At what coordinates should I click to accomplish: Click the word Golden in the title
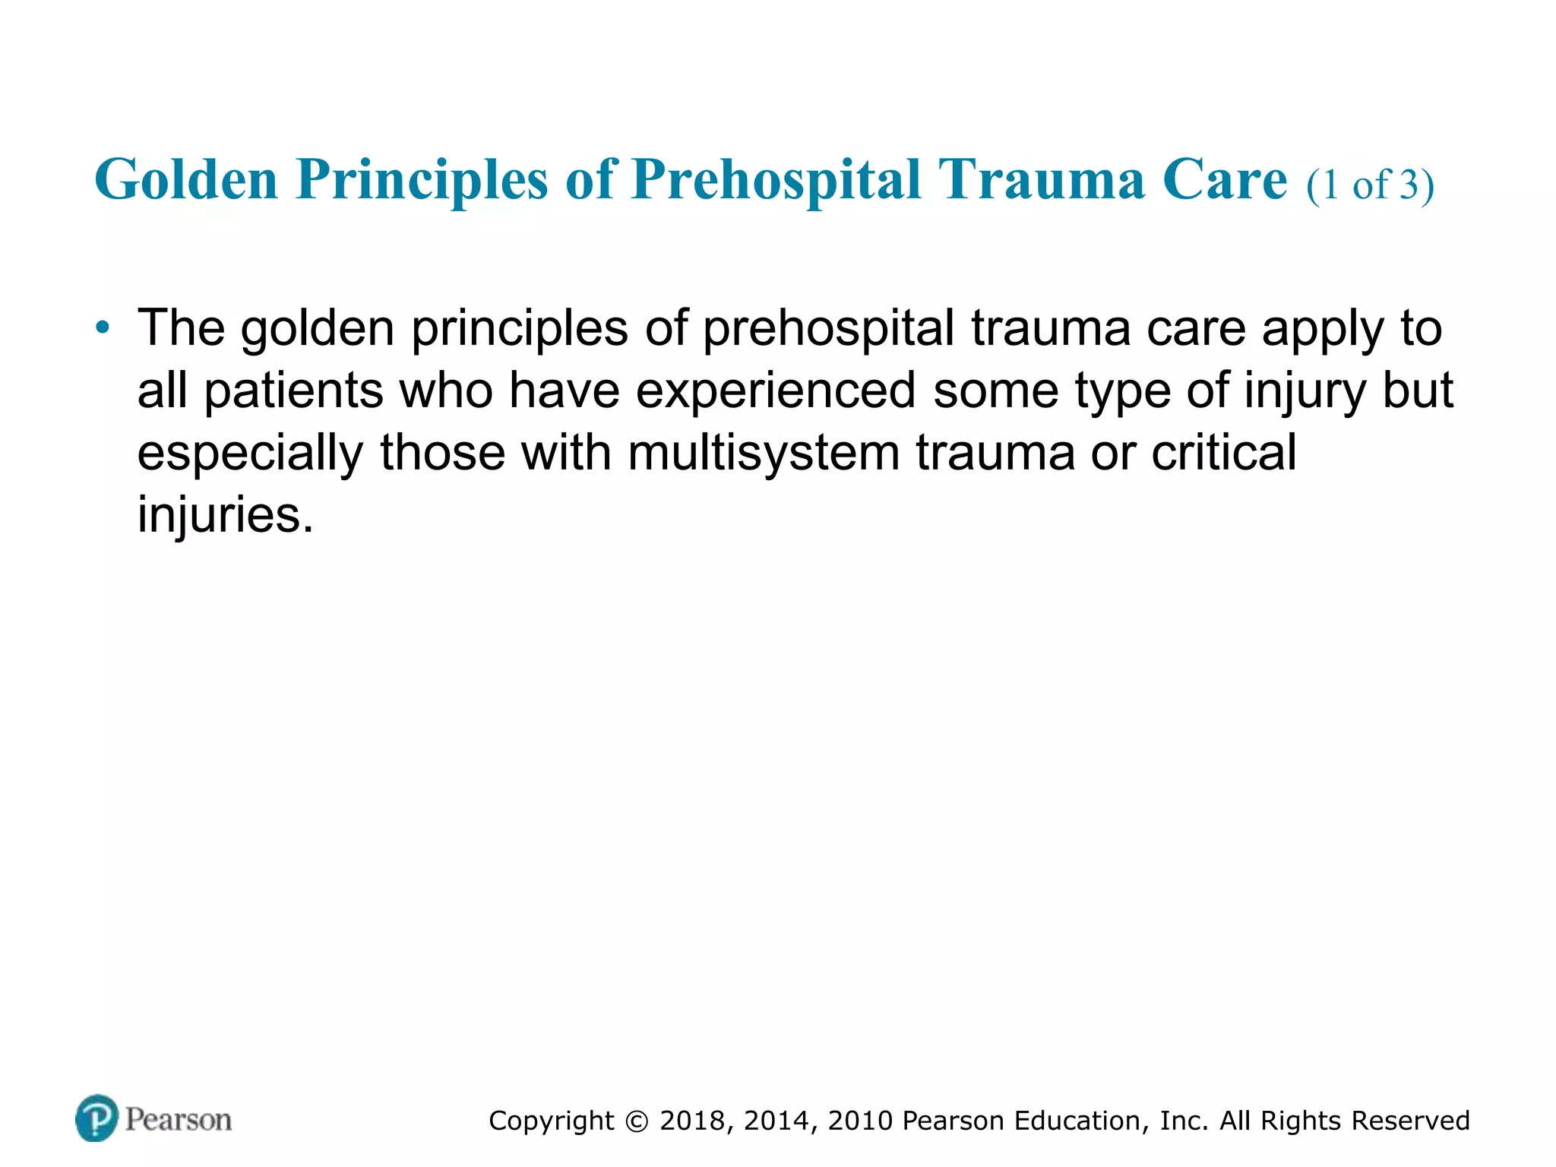186,180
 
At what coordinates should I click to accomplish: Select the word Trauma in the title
1041,180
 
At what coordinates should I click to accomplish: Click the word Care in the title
1225,180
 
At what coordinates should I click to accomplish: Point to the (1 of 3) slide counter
1370,185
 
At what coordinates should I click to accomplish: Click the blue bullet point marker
103,329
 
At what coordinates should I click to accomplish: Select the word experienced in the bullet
775,391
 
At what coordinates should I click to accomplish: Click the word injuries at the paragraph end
225,515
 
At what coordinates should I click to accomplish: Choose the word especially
250,454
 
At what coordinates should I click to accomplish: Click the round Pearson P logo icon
97,1118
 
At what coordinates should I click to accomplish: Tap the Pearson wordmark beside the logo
179,1120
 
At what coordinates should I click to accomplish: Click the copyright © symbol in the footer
637,1121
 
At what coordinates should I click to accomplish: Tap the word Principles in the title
422,180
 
